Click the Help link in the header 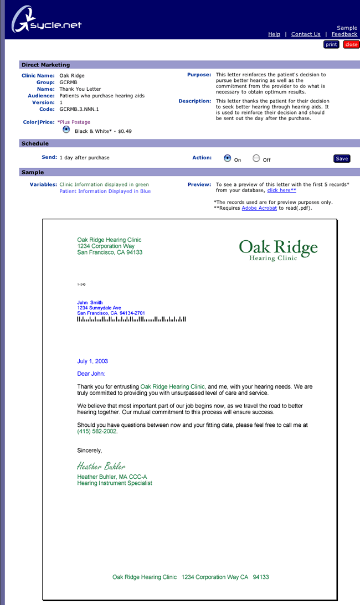click(274, 34)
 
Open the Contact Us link click(306, 34)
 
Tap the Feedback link click(344, 34)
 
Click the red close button click(351, 44)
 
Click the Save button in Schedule click(342, 159)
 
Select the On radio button click(227, 158)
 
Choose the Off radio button click(256, 158)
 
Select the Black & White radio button click(66, 130)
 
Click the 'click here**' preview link click(281, 190)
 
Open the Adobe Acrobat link click(259, 208)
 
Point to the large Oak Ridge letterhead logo click(278, 249)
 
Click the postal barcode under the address click(131, 319)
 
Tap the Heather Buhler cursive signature click(101, 466)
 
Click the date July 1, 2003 click(92, 361)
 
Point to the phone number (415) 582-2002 click(97, 431)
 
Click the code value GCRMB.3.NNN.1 click(79, 110)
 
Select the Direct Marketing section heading click(46, 65)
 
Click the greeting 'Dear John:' click(91, 374)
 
